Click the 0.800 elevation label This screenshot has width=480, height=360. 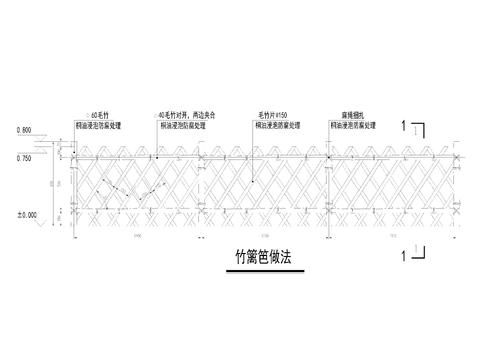pyautogui.click(x=24, y=130)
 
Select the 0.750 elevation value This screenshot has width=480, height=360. pyautogui.click(x=25, y=158)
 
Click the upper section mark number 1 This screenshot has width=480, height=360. pyautogui.click(x=402, y=126)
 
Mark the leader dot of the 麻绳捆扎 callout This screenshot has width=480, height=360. pyautogui.click(x=328, y=157)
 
